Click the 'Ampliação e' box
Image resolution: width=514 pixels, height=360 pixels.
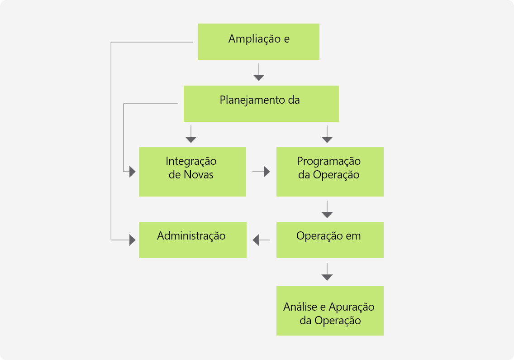pos(259,42)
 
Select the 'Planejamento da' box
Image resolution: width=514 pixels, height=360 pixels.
pos(261,104)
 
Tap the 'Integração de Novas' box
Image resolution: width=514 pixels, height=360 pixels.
pos(192,172)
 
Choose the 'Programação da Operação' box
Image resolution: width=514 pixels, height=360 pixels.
pos(330,172)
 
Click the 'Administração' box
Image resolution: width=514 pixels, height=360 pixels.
pos(192,240)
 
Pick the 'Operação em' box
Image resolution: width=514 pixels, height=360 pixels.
pos(330,240)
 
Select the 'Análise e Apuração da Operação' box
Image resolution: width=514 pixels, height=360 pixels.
pos(330,311)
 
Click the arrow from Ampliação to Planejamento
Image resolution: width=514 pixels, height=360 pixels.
pos(259,72)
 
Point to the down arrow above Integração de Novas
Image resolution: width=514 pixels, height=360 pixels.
pos(191,134)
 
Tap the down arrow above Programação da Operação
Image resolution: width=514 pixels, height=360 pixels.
pos(327,134)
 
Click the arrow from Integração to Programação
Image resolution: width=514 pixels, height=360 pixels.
pos(261,172)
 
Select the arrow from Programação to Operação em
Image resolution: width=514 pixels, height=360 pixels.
pos(327,209)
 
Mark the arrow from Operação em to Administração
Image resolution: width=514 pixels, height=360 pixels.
pos(261,240)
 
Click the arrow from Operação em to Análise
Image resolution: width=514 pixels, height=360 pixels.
pos(327,272)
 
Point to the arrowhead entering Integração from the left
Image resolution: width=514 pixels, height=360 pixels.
pos(133,172)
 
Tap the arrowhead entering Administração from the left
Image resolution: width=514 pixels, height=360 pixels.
pos(133,240)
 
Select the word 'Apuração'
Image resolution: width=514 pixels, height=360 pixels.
pos(352,307)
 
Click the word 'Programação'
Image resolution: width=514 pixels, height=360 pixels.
pos(329,162)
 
